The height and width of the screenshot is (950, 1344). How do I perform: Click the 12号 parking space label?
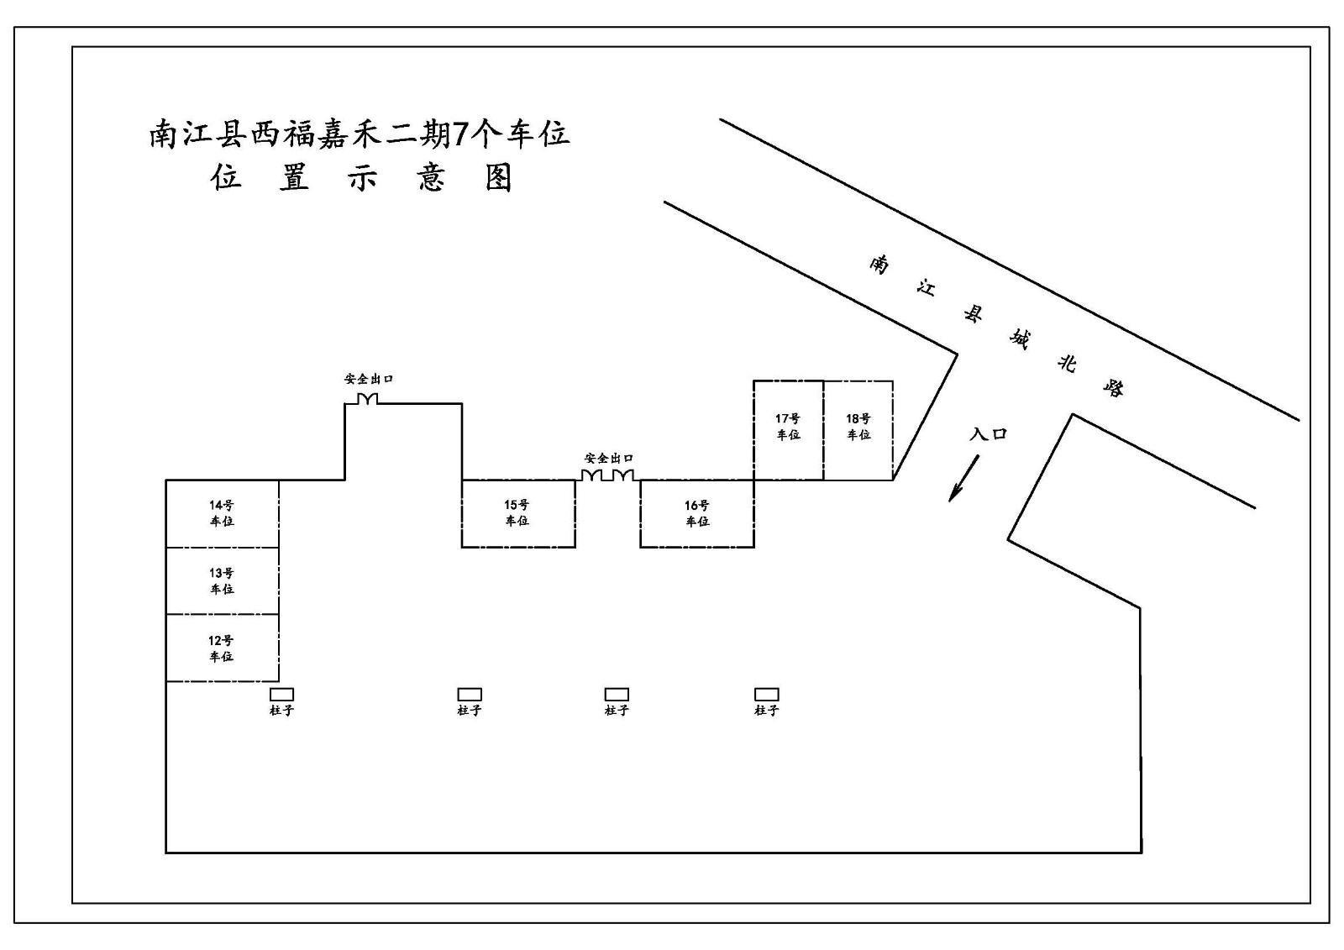click(222, 648)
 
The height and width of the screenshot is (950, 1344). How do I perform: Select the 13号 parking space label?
click(222, 581)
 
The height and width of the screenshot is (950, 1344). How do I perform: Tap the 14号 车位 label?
click(222, 513)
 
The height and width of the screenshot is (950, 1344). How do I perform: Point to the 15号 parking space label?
click(517, 513)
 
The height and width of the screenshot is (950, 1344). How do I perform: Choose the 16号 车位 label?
click(697, 513)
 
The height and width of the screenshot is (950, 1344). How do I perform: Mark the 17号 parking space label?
click(788, 427)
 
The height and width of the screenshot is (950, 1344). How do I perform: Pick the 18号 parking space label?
click(858, 427)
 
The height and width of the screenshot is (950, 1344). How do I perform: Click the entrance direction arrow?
click(963, 479)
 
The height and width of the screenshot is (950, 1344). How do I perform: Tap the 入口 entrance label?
click(988, 434)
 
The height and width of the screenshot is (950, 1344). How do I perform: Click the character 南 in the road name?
click(879, 264)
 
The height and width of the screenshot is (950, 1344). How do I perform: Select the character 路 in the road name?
click(1115, 387)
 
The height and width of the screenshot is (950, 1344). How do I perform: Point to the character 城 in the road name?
click(1020, 339)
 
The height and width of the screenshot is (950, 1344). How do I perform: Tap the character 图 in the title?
click(499, 178)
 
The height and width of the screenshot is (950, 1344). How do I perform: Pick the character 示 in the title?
click(362, 178)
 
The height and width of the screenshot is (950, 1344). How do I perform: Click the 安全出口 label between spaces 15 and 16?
click(609, 459)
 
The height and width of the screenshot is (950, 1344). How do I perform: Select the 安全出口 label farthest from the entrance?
click(369, 379)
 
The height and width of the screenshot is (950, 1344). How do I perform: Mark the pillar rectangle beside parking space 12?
click(281, 695)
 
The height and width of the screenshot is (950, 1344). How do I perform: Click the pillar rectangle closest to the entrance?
click(766, 695)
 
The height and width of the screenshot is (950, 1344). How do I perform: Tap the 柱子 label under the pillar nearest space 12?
click(281, 711)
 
